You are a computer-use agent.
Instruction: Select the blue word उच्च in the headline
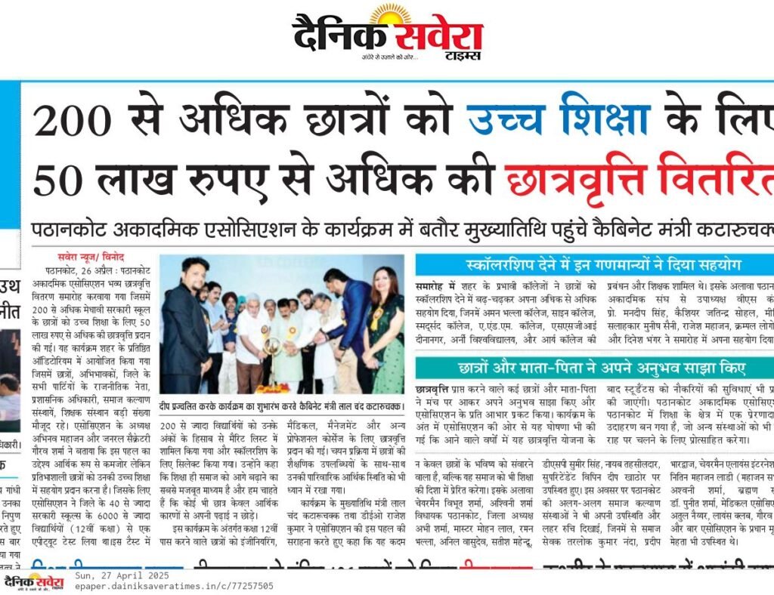(x=502, y=121)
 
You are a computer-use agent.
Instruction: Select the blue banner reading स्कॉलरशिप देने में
(x=593, y=265)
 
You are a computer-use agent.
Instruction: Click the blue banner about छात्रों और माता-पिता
(x=593, y=369)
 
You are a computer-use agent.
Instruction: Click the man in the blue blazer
(x=352, y=325)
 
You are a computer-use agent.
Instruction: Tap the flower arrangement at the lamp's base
(x=272, y=388)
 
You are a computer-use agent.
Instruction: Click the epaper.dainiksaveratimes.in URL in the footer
(x=174, y=586)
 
